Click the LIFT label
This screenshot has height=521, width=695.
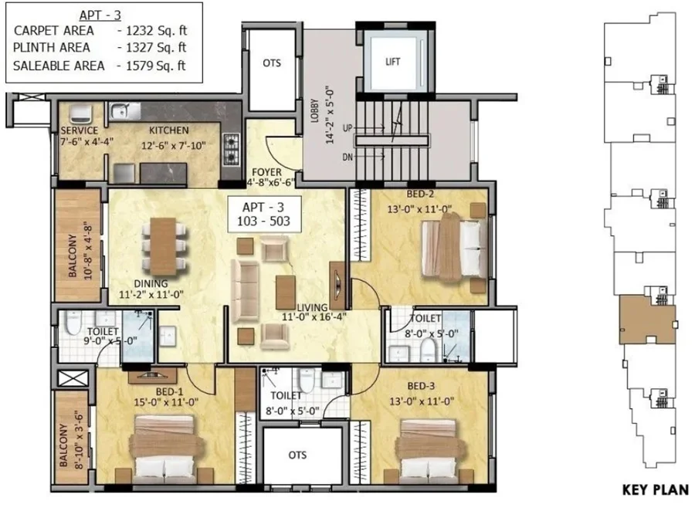[x=393, y=62]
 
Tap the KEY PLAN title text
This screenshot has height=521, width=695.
[x=656, y=490]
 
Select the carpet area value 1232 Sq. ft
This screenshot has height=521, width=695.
[x=157, y=31]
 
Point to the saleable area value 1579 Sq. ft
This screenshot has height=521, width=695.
[x=155, y=66]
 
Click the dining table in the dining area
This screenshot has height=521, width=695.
[x=163, y=246]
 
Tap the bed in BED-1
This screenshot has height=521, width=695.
[x=166, y=448]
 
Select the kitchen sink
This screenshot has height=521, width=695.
[x=124, y=111]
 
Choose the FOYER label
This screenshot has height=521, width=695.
[x=267, y=172]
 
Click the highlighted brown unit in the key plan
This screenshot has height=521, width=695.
[x=647, y=320]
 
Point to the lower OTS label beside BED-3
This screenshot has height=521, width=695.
[x=297, y=455]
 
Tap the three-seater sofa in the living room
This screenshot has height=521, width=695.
[x=245, y=291]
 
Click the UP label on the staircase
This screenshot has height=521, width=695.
[x=347, y=128]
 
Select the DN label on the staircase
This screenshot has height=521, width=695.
[x=348, y=157]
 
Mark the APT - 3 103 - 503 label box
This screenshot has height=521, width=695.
[x=265, y=215]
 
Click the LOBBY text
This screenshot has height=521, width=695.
[x=315, y=110]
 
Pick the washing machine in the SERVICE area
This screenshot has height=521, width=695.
[x=81, y=114]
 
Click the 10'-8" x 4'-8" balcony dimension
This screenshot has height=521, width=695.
[x=87, y=253]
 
